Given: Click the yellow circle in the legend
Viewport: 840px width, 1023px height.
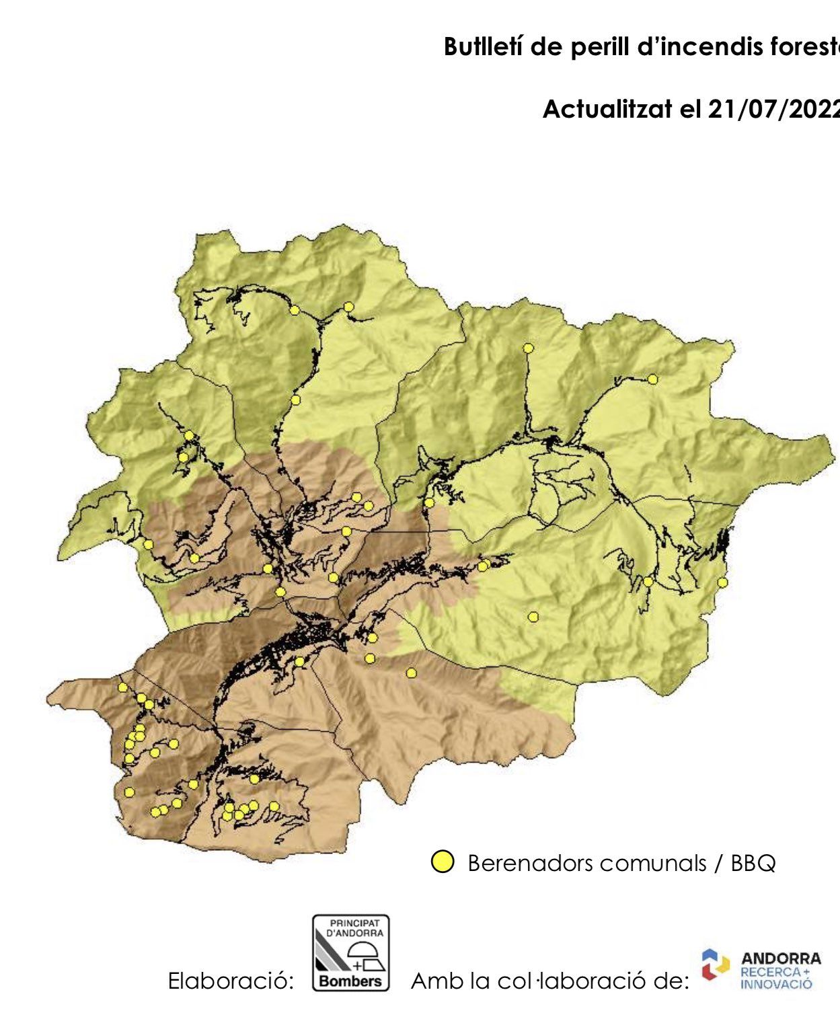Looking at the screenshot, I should coord(442,862).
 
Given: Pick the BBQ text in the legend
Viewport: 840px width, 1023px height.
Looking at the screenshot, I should coord(753,863).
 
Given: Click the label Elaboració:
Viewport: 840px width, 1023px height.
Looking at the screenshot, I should coord(231,981).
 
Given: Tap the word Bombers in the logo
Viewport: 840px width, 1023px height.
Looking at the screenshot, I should coord(350,981).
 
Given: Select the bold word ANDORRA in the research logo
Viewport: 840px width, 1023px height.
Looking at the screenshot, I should coord(781,958).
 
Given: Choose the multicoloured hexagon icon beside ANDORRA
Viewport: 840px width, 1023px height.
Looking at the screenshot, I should coord(715,965).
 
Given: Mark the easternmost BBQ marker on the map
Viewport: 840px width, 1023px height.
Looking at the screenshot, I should coord(722,582).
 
